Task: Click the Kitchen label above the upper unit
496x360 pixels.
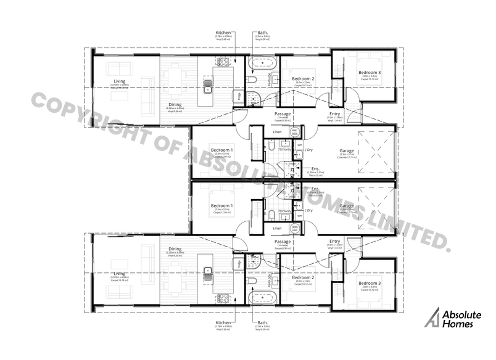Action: [223, 33]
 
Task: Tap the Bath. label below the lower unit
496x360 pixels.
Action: [262, 322]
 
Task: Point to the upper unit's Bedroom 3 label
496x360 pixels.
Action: [370, 73]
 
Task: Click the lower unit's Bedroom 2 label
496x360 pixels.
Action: [303, 277]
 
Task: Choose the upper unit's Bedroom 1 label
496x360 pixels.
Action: [222, 150]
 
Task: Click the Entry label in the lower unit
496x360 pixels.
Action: [334, 241]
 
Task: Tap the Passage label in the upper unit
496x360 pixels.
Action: [283, 114]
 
